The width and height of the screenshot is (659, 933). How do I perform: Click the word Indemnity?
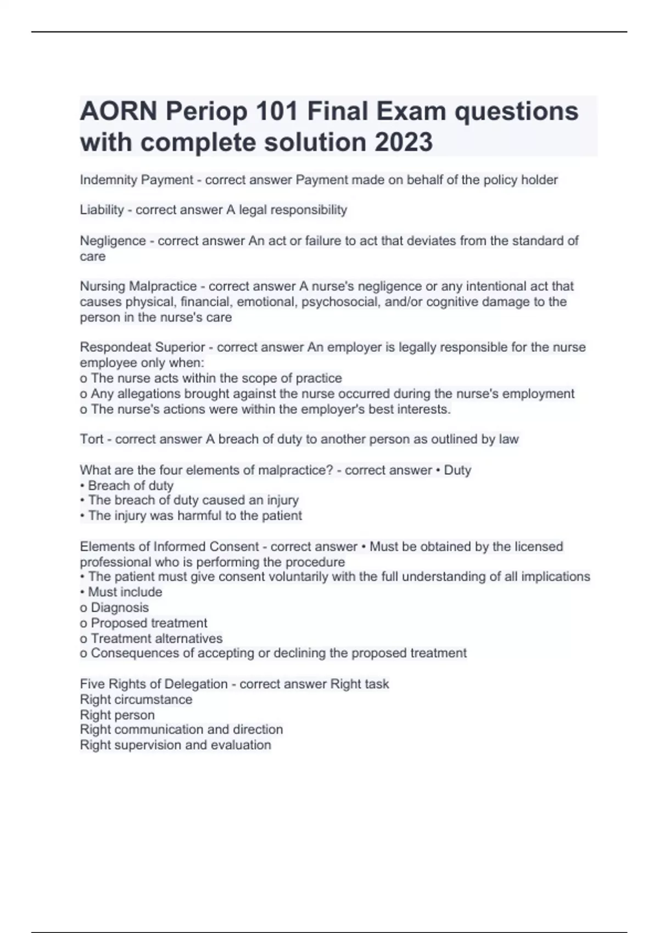(108, 180)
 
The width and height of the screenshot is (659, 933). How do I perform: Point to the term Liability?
(102, 210)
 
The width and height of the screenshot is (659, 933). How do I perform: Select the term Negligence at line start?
(113, 241)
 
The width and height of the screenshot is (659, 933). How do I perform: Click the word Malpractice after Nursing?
(163, 286)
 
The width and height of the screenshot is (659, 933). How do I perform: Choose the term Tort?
(92, 439)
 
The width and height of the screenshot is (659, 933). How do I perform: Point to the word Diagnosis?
(120, 608)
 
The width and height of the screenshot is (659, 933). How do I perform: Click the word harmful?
(192, 516)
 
